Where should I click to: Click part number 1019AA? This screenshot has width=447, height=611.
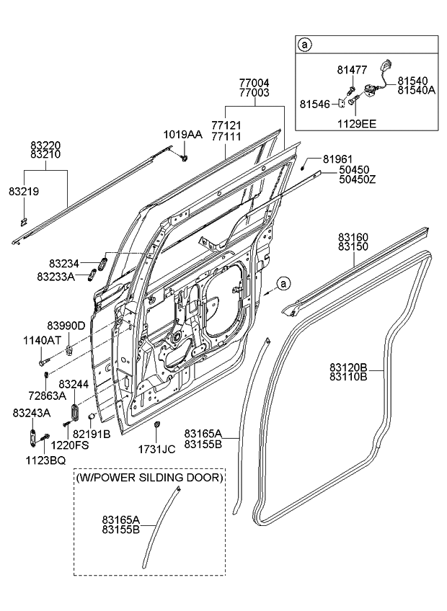tap(182, 134)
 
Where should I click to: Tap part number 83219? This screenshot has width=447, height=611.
tap(24, 192)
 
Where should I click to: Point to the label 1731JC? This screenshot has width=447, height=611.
tap(156, 449)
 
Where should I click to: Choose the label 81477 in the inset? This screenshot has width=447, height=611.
tap(351, 70)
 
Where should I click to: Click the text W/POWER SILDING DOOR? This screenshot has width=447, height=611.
tap(149, 477)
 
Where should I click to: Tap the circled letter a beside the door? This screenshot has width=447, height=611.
tap(283, 284)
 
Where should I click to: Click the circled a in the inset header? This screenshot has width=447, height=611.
tap(305, 45)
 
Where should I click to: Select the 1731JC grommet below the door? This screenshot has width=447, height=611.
tap(157, 424)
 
